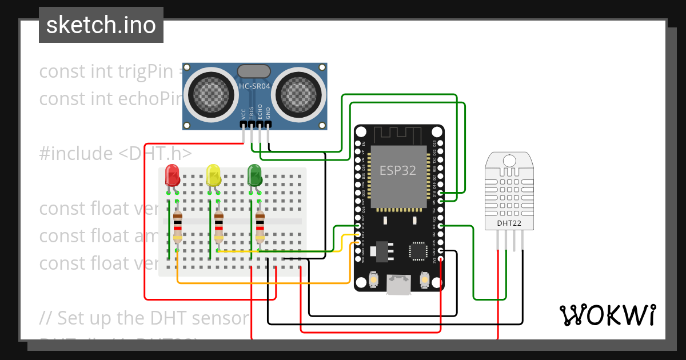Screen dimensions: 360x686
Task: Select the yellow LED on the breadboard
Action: pos(213,175)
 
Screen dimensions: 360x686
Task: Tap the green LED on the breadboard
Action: pos(254,175)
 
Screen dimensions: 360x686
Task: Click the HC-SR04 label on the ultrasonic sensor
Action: pos(254,86)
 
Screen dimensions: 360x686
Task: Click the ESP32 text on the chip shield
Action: pos(398,170)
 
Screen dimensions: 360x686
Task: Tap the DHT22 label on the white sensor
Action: pos(508,223)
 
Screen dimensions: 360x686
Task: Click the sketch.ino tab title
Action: pos(101,25)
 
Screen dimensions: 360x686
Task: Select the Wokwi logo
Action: pos(607,315)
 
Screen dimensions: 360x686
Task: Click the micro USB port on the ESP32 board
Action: pos(399,284)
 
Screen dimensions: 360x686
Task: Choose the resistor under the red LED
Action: pos(177,226)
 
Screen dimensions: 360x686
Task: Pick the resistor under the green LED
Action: pos(260,226)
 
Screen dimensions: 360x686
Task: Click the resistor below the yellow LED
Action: pos(218,226)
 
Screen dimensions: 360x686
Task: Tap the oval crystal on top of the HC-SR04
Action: pos(253,71)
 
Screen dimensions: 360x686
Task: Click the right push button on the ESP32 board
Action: pos(424,279)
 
